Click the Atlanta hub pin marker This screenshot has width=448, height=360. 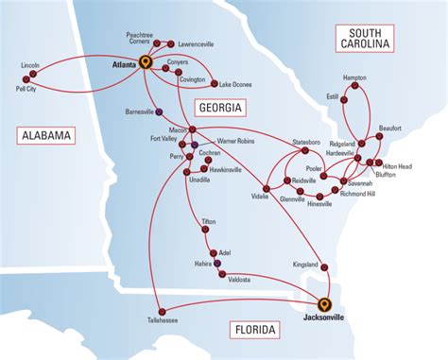145,62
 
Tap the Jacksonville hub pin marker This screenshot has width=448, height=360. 325,304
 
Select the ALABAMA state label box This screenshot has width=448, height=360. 44,136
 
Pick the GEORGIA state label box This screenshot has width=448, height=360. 218,108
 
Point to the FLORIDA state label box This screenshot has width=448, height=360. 254,330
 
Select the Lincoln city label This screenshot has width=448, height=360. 30,65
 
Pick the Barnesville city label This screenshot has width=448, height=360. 139,111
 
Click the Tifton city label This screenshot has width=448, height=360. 209,222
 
